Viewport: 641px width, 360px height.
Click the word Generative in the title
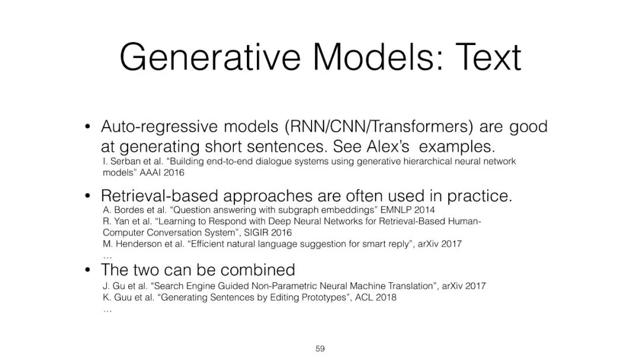tap(210, 57)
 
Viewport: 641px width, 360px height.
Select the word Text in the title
tap(488, 57)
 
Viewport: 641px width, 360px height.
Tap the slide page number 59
tap(320, 349)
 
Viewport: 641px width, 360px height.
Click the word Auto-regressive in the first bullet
tap(160, 127)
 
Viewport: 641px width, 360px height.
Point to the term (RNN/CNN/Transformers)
tap(379, 127)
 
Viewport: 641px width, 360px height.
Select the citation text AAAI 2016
tap(162, 173)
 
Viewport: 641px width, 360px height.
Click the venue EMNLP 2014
tap(407, 210)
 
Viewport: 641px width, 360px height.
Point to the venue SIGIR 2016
tap(268, 233)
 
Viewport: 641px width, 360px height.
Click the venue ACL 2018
tap(375, 298)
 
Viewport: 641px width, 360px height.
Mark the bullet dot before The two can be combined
tap(87, 270)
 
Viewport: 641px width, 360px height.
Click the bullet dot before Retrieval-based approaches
tap(87, 196)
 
